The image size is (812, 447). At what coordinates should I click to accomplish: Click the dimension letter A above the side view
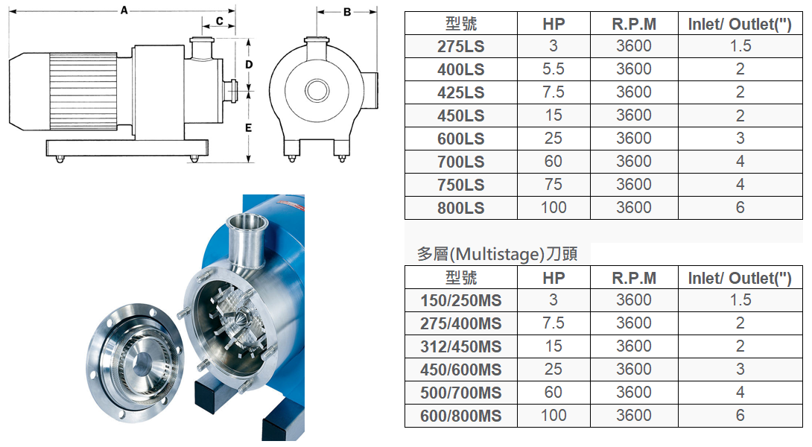tap(124, 10)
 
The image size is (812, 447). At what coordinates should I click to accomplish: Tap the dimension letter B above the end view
tap(347, 12)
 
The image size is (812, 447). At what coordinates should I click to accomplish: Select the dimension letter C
tap(219, 22)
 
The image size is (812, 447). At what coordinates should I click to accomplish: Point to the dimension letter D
tap(249, 64)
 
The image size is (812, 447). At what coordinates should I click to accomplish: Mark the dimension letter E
tap(249, 127)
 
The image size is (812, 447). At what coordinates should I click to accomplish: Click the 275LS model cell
tap(461, 46)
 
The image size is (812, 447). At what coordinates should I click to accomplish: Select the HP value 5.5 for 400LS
tap(553, 69)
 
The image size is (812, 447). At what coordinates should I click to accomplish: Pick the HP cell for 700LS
tap(553, 161)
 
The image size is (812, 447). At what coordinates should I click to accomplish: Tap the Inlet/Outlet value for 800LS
tap(740, 207)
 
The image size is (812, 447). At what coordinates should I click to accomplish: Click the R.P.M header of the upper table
tap(634, 24)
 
